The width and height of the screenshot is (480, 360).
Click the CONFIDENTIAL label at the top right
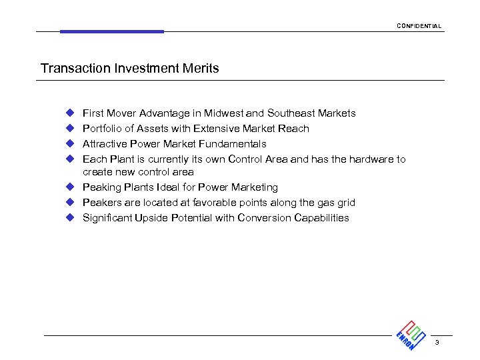pos(419,26)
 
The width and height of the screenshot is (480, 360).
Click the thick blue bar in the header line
pos(111,31)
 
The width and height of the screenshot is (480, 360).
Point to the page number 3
pos(437,343)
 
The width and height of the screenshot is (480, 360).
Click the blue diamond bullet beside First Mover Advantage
pos(69,113)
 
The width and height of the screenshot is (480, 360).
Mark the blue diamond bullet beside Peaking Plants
pos(69,187)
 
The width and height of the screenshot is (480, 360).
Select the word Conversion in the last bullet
pos(262,218)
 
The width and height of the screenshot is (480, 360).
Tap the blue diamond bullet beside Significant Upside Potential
pos(69,218)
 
